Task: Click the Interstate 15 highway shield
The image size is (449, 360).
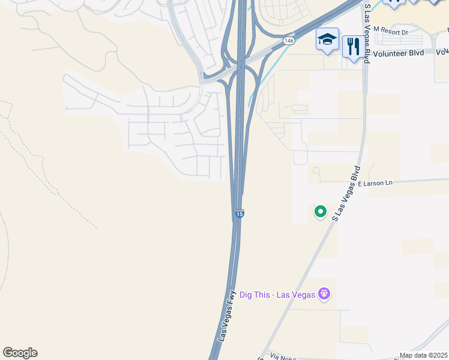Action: coord(240,214)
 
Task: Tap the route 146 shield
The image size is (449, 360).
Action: coord(289,41)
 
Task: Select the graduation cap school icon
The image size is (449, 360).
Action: coord(327,40)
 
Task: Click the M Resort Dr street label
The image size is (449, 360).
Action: coord(390,29)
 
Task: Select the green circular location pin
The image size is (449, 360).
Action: coord(321,211)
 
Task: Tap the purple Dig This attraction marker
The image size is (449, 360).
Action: coord(325,294)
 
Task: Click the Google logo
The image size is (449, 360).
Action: coord(20,353)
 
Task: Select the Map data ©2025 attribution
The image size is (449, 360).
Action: coord(423,355)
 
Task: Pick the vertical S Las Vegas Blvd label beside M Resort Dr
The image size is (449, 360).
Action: coord(368,23)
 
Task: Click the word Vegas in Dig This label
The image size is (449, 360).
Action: coord(304,294)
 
